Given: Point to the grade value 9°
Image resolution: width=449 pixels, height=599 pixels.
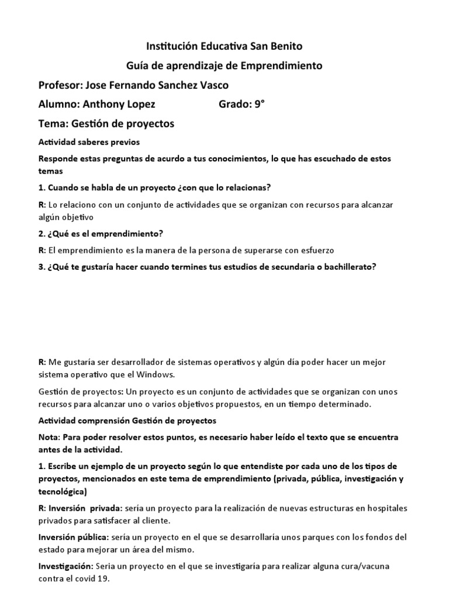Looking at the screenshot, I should (x=258, y=105).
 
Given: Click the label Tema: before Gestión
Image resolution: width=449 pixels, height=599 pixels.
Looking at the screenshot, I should (x=53, y=124).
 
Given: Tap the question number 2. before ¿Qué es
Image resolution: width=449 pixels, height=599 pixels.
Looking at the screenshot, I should (x=42, y=234).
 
